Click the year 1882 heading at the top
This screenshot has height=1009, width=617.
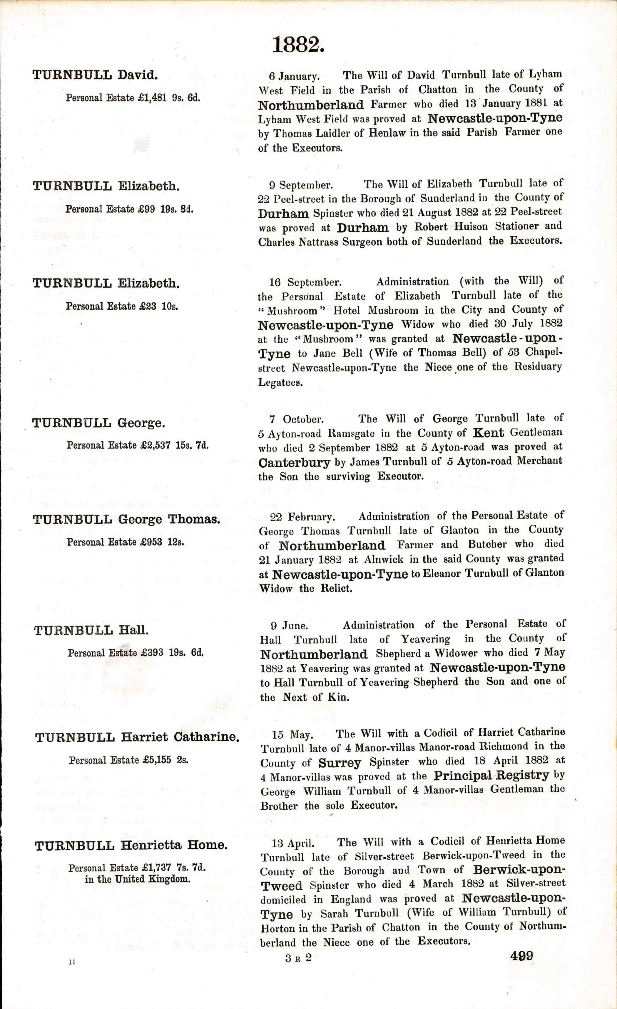click(x=298, y=45)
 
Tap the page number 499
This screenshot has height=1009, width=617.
click(x=521, y=956)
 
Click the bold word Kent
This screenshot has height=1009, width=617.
click(x=488, y=433)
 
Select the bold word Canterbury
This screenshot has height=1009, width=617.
click(x=294, y=463)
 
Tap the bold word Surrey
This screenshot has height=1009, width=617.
click(x=340, y=763)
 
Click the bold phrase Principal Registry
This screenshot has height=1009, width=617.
click(x=491, y=776)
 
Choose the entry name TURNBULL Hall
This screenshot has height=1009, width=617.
click(x=91, y=631)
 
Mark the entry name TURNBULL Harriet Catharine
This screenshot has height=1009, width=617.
click(x=137, y=737)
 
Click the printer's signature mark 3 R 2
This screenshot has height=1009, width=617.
click(x=298, y=958)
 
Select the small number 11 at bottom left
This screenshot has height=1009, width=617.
click(x=72, y=962)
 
